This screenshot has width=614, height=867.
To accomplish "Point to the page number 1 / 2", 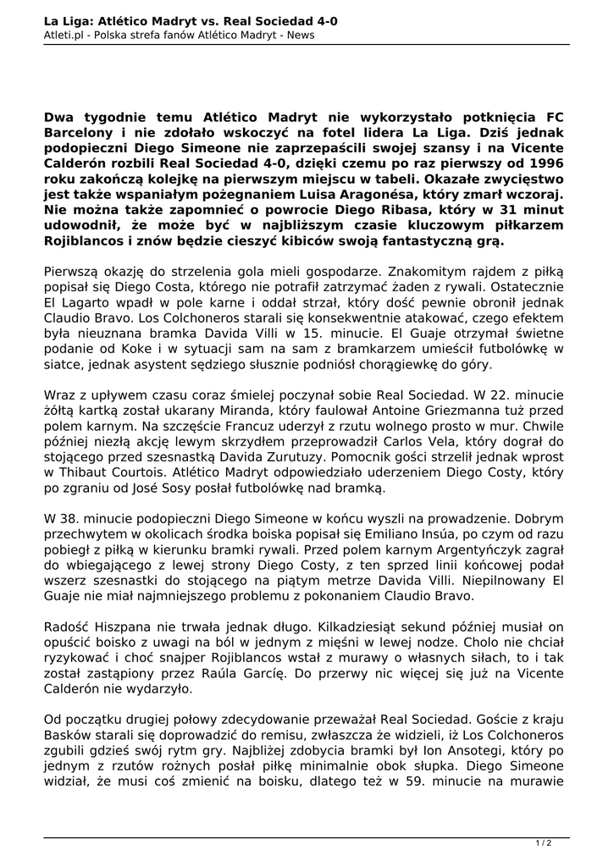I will pyautogui.click(x=544, y=843).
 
